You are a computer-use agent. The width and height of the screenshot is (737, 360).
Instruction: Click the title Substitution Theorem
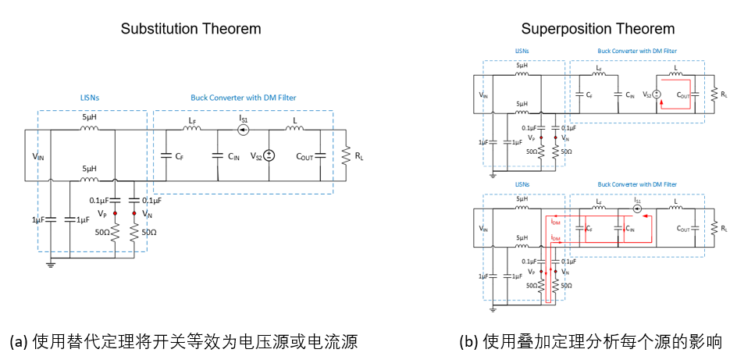click(x=190, y=29)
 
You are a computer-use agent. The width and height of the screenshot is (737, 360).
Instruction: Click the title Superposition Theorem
click(x=598, y=29)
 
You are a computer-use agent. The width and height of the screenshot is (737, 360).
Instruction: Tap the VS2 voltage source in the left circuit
click(x=269, y=155)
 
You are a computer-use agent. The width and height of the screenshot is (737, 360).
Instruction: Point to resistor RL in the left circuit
click(x=344, y=156)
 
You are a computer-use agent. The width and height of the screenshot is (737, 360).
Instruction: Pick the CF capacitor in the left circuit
click(x=166, y=155)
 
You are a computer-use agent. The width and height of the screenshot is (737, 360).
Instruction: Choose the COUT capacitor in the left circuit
click(x=320, y=155)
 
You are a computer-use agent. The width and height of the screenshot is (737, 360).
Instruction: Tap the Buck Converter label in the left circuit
click(x=243, y=98)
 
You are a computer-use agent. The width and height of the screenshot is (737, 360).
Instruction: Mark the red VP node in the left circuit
click(x=115, y=212)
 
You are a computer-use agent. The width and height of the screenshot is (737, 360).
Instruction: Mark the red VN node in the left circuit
click(x=134, y=212)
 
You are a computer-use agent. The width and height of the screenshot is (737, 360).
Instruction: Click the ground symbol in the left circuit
click(x=52, y=264)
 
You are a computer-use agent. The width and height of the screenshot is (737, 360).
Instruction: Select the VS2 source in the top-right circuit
click(x=657, y=94)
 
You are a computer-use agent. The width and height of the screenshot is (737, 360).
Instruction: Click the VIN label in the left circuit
click(x=37, y=156)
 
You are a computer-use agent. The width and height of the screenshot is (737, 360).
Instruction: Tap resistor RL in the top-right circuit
click(x=714, y=94)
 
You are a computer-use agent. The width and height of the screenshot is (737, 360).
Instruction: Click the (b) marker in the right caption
click(x=469, y=341)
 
